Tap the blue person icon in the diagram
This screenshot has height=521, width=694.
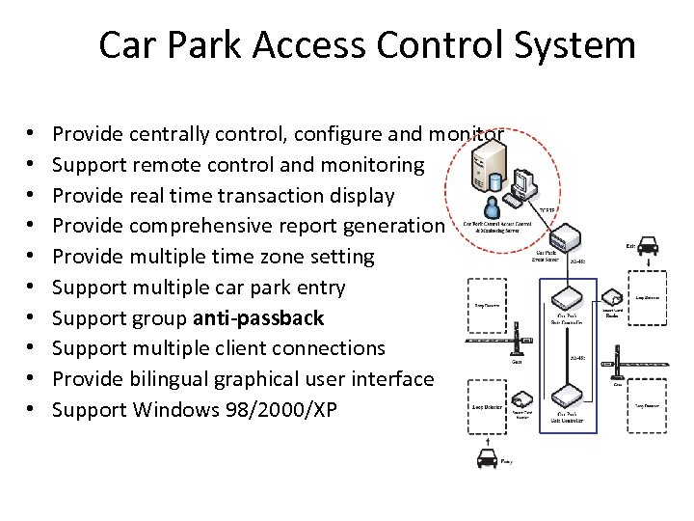[x=493, y=206]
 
